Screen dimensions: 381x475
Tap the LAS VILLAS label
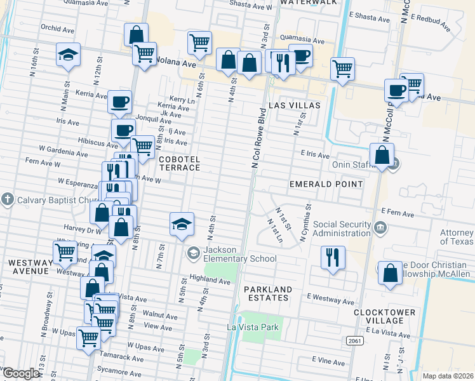point(293,105)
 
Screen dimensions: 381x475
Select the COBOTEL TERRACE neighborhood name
point(180,163)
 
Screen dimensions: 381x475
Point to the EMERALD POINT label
point(326,184)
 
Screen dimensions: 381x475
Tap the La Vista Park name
point(253,327)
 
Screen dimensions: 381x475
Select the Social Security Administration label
point(342,229)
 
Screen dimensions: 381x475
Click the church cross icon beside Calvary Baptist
point(7,199)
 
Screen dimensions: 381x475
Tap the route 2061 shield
point(355,341)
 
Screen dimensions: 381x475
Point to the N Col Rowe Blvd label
point(259,138)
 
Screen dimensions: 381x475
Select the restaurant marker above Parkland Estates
point(332,258)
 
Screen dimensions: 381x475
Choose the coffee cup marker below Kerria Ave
point(119,101)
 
